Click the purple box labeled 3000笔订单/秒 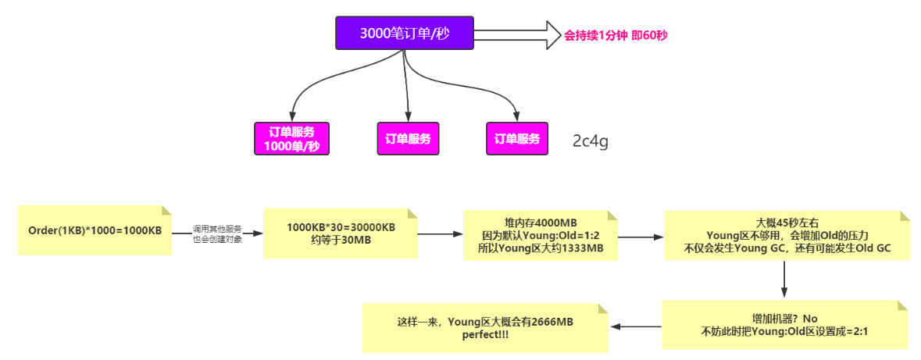pos(404,34)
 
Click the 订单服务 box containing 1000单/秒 pos(292,139)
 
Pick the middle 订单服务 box pos(408,139)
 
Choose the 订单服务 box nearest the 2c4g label pos(517,139)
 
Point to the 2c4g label pos(590,142)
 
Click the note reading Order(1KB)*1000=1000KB pos(95,231)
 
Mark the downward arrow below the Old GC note pos(783,279)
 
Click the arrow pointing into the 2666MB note pos(637,326)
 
